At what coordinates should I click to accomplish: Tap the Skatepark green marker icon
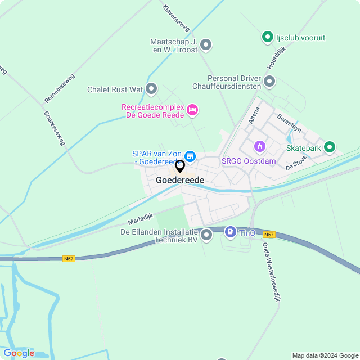click(330, 148)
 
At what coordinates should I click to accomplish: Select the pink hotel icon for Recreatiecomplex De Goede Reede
click(192, 110)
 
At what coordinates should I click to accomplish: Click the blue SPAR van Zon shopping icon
click(190, 156)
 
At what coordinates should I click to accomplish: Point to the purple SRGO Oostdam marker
click(259, 147)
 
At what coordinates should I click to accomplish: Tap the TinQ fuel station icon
click(230, 231)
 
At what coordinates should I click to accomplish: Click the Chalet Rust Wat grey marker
click(151, 89)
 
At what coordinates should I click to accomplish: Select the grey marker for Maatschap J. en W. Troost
click(206, 45)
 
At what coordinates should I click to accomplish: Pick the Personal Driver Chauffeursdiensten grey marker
click(269, 82)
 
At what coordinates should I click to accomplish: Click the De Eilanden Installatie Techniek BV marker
click(206, 235)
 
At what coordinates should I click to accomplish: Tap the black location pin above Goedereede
click(180, 166)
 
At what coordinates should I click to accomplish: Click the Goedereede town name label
click(180, 179)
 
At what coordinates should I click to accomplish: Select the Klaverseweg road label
click(176, 18)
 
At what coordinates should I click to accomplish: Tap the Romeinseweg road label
click(60, 88)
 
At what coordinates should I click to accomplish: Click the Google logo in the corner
click(19, 353)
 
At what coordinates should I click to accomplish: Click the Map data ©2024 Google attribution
click(325, 355)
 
